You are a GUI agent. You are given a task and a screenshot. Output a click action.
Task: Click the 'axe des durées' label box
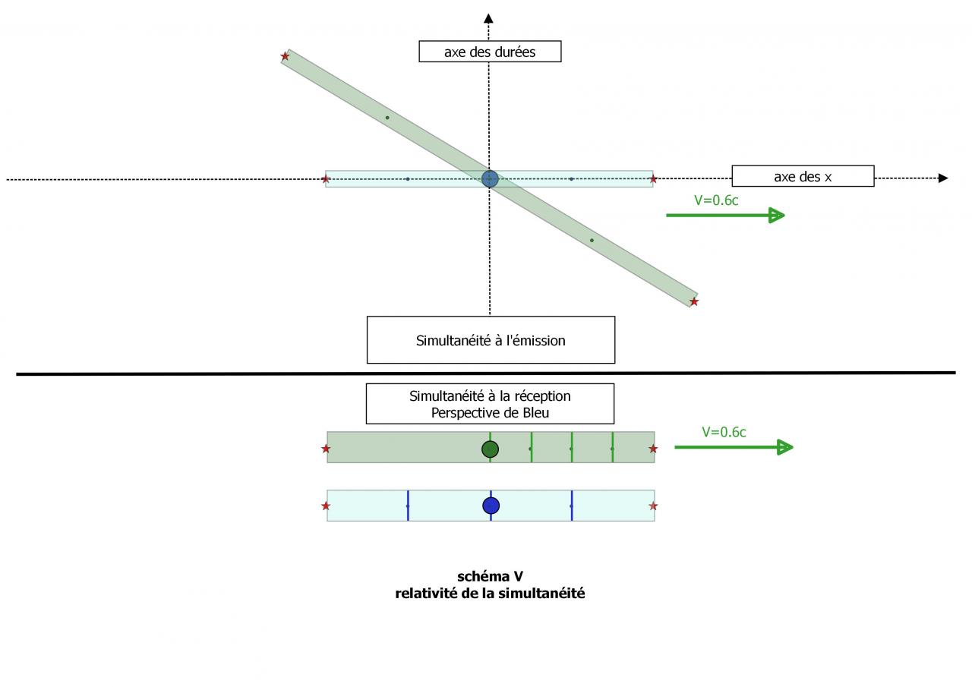tap(490, 52)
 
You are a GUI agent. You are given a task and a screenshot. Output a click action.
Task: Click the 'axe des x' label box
tap(803, 176)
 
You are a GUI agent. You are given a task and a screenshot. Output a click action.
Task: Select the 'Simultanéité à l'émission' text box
tap(491, 340)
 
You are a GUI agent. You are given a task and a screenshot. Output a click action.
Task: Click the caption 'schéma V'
tap(490, 577)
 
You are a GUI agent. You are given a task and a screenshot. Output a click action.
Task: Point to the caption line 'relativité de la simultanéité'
tap(490, 594)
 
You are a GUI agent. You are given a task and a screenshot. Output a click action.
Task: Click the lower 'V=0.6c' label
tap(724, 432)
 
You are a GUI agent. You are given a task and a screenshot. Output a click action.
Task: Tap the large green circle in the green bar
tap(491, 449)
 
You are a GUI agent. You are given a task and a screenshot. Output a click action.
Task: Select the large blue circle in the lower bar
tap(491, 506)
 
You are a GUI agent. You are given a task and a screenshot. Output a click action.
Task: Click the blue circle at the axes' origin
tap(490, 179)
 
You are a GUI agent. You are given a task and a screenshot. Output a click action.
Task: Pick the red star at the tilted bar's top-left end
tap(286, 56)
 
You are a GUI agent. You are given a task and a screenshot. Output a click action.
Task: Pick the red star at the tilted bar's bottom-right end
tap(694, 302)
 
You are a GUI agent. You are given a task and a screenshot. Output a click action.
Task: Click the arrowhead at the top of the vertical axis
tap(489, 17)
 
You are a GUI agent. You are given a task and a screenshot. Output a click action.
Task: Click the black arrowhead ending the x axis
tap(943, 178)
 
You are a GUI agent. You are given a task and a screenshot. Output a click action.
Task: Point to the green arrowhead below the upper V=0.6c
tap(775, 216)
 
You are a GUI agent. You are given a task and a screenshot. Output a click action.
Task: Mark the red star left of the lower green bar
tap(326, 449)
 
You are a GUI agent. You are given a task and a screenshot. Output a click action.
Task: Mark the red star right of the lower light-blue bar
tap(653, 506)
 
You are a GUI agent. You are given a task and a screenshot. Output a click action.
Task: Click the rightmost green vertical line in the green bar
tap(613, 447)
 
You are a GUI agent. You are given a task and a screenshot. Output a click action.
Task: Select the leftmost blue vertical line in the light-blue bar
tap(408, 506)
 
